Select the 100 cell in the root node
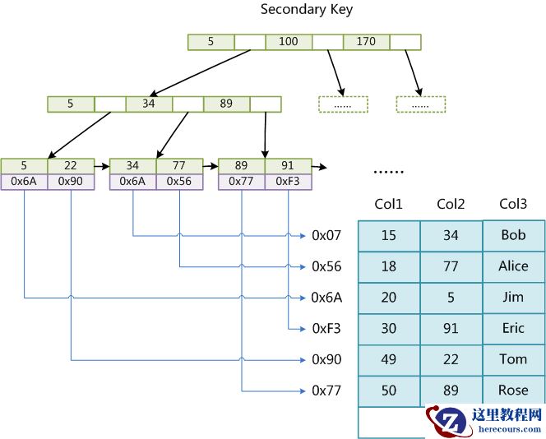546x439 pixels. coord(288,41)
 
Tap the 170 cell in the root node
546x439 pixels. coord(366,41)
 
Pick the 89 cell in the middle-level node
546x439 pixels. coord(226,104)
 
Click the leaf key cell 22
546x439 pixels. coord(72,166)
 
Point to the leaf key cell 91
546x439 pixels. coord(288,166)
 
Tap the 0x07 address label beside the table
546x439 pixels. coord(326,236)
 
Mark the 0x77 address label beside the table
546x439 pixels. coord(326,390)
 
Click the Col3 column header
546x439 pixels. coord(513,204)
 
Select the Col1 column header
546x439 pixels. coord(388,204)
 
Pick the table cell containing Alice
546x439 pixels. coord(513,266)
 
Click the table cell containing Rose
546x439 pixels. coord(513,390)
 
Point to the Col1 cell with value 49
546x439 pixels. coord(388,359)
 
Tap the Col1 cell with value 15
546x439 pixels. coord(388,236)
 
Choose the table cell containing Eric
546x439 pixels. coord(513,328)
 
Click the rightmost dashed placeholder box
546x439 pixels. coord(420,104)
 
